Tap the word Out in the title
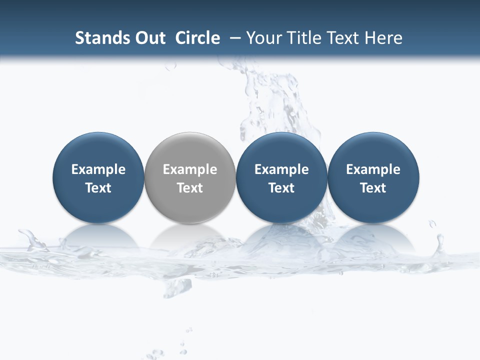click(x=149, y=38)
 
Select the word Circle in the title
click(x=197, y=38)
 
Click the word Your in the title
click(x=263, y=38)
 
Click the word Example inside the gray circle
click(x=190, y=170)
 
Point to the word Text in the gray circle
click(x=190, y=188)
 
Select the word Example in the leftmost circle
click(x=98, y=170)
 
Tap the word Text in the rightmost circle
click(x=373, y=188)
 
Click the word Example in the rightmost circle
click(x=373, y=170)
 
